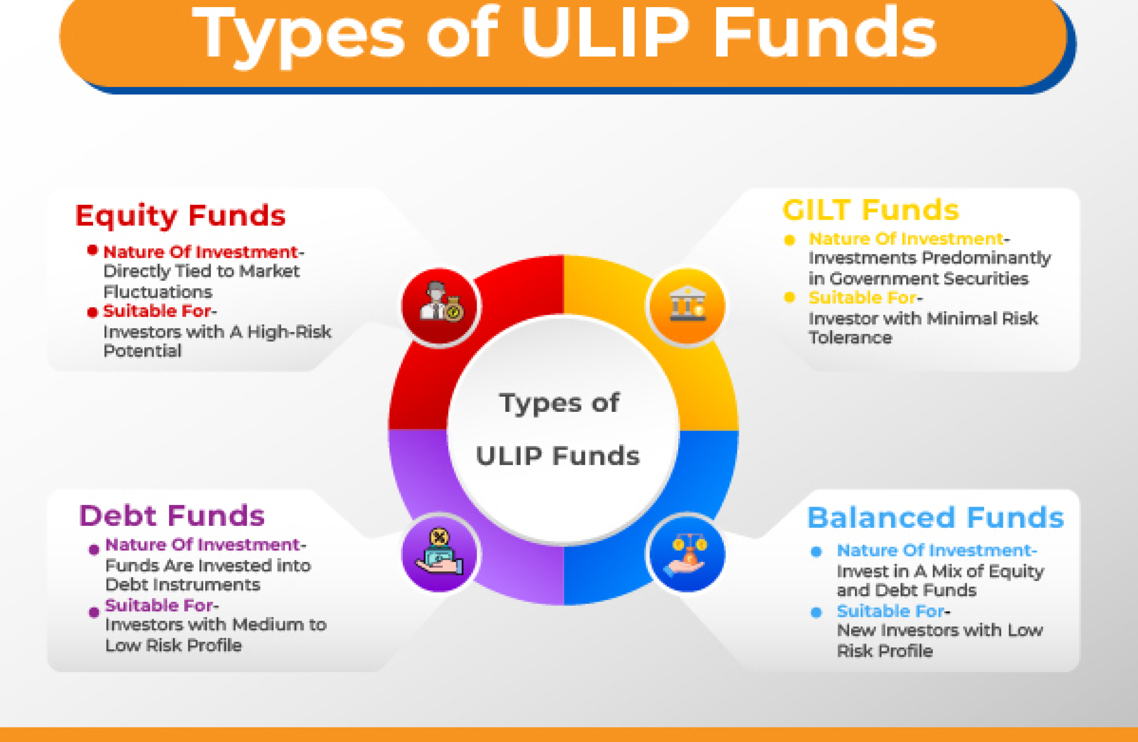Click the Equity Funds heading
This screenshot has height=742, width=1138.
coord(180,216)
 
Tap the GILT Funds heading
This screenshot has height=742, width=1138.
coord(871,210)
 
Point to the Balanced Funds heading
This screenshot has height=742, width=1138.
coord(936,517)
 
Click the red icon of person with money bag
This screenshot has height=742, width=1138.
coord(441,307)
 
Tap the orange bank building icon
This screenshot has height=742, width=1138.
coord(687,307)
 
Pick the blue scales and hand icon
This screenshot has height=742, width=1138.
coord(687,555)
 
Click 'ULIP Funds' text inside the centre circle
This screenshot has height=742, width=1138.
coord(558,455)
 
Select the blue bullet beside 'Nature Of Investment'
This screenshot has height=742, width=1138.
coord(816,552)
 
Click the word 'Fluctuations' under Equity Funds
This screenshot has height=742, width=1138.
coord(158,292)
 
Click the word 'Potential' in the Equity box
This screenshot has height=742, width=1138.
coord(143,351)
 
